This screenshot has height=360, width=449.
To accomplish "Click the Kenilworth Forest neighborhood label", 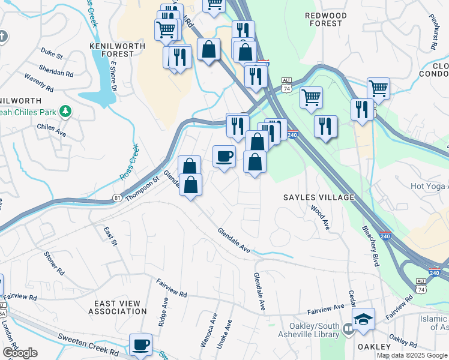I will [x=111, y=49].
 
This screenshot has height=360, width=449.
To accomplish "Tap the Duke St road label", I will [x=51, y=55].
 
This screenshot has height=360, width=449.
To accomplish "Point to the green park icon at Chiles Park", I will [x=65, y=112].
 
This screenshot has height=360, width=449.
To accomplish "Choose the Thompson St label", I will [x=144, y=185].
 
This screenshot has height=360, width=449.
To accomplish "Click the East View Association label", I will [x=117, y=307].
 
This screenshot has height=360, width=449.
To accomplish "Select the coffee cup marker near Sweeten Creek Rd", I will [x=141, y=346].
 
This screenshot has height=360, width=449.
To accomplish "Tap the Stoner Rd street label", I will [x=53, y=263].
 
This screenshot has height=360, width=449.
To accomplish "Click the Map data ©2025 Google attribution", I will [x=411, y=355].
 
